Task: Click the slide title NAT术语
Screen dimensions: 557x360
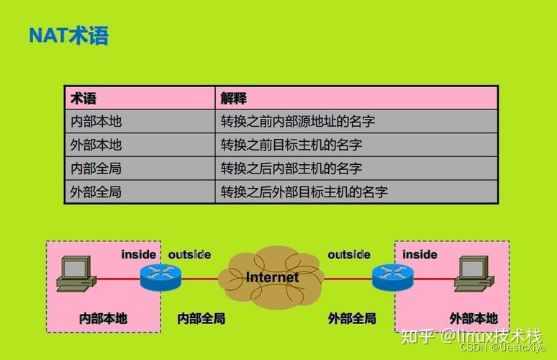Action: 68,35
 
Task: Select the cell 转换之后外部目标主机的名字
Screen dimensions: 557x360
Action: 304,192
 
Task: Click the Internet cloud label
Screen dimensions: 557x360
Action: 272,277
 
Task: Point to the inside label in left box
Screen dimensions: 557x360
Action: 138,254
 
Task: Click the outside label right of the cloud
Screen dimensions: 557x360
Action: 349,254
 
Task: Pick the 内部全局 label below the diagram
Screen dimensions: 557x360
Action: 201,318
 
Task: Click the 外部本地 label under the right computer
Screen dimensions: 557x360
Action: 474,318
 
